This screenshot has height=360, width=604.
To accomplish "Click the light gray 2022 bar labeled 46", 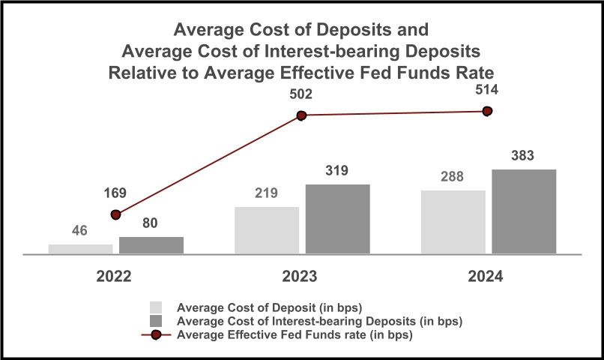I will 81,249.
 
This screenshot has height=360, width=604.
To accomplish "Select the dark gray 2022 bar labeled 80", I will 151,245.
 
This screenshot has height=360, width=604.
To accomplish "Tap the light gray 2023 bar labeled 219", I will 267,230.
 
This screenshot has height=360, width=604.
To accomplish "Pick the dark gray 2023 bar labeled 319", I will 338,219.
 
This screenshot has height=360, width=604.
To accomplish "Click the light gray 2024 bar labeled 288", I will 453,222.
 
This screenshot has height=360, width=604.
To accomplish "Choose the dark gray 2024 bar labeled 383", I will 525,211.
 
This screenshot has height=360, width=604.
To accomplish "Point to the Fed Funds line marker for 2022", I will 115,214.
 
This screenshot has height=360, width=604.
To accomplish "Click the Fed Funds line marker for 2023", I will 302,115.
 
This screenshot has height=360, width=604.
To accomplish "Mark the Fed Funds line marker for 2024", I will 488,111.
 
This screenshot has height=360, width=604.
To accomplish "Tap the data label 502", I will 301,94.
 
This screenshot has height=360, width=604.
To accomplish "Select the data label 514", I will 487,89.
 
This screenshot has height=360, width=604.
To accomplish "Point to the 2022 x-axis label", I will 114,276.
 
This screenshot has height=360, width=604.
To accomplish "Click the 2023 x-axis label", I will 300,276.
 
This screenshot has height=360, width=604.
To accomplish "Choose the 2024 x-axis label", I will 486,276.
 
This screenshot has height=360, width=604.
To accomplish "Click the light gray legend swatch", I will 156,307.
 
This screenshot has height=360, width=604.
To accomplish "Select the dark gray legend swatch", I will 156,321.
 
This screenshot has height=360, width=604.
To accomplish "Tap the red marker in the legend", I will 157,334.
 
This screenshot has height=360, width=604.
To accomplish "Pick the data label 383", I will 524,157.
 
